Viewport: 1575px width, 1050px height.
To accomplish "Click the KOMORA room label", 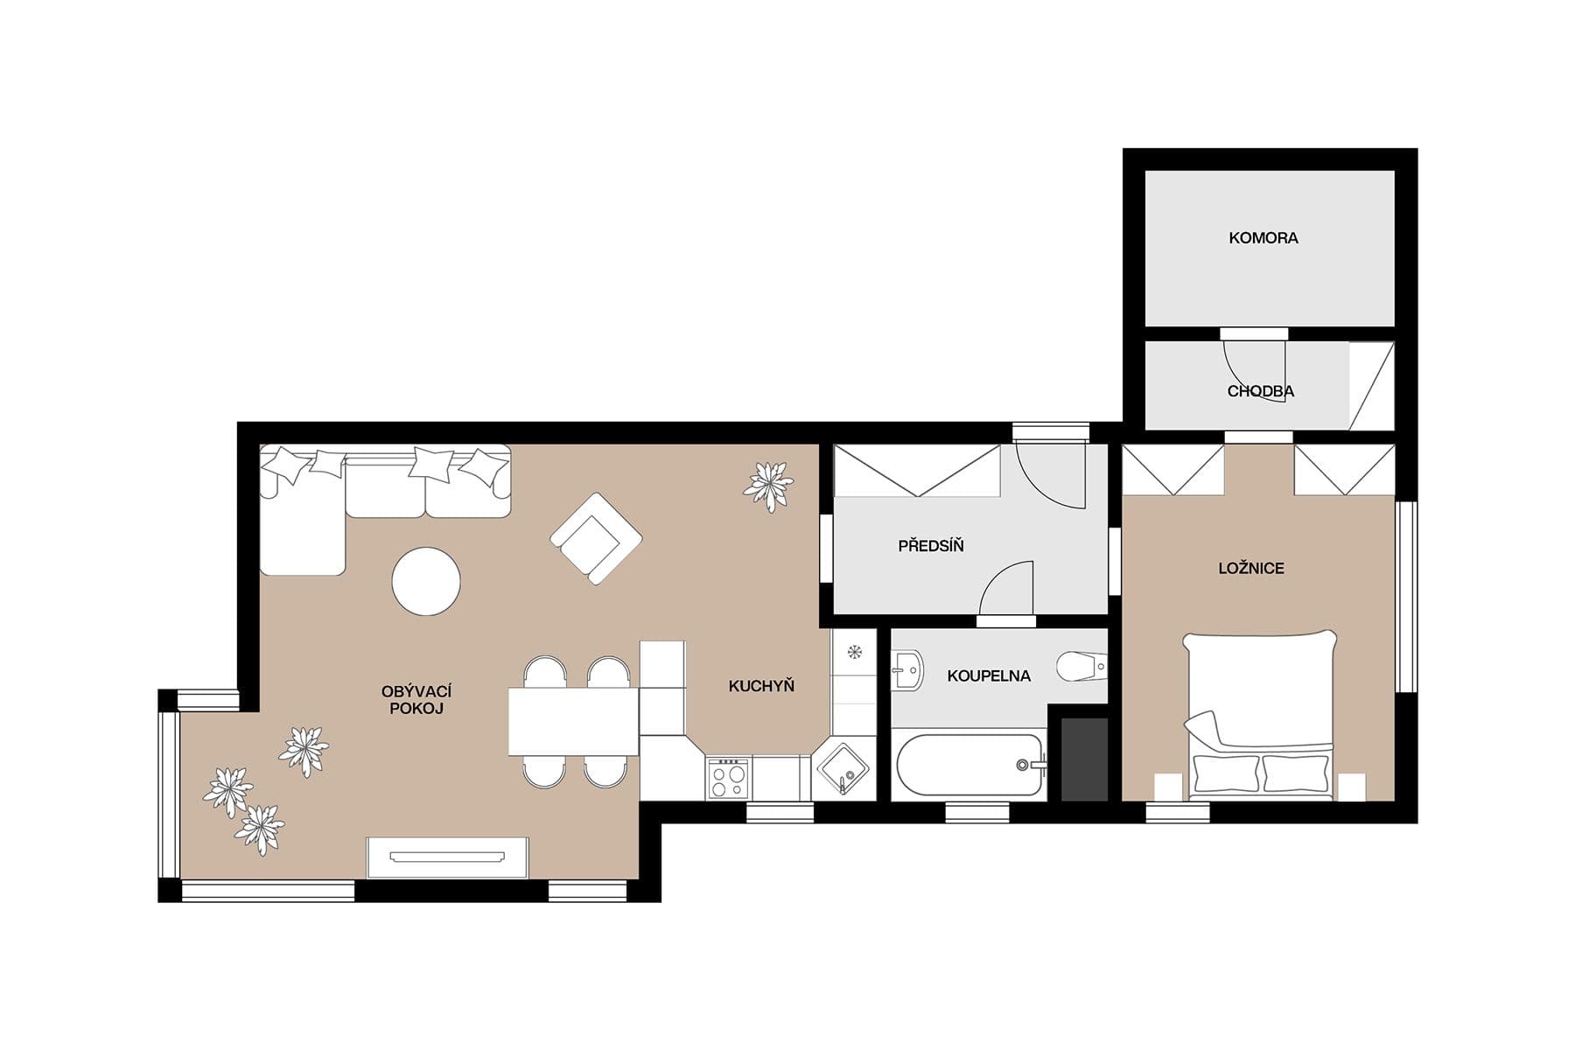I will tap(1263, 238).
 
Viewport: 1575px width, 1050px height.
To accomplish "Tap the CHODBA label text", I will tap(1260, 391).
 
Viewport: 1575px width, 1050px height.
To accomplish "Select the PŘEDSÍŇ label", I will tap(930, 546).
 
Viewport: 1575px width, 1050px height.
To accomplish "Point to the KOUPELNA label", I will tap(989, 675).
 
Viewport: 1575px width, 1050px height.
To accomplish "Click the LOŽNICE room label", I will tap(1251, 568).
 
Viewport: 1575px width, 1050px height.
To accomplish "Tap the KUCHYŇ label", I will tap(761, 686).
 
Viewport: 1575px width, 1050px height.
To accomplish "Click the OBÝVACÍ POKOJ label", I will tap(416, 700).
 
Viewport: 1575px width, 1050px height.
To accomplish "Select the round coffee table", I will tap(426, 581).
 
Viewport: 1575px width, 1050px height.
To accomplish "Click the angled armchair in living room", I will tap(596, 538).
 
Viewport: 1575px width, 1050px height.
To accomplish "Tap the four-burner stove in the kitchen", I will tap(728, 778).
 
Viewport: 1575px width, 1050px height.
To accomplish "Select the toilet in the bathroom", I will tap(1080, 667).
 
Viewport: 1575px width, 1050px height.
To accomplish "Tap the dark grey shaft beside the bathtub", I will tap(1084, 759).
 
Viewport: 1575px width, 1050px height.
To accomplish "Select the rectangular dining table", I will tap(574, 722).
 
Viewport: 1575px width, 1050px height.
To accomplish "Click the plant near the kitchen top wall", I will tap(768, 486).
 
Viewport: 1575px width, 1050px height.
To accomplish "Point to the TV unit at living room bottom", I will tap(447, 857).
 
